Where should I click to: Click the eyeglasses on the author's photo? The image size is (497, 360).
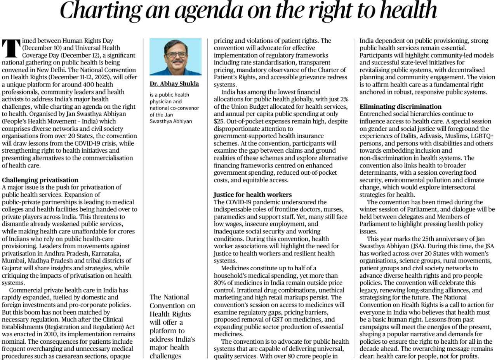click(176, 54)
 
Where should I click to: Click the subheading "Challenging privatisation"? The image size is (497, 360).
click(40, 180)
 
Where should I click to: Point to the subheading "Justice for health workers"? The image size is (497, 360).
click(252, 195)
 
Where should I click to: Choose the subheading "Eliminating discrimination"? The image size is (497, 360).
click(400, 106)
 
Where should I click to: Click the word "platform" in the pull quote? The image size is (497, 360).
click(162, 330)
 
